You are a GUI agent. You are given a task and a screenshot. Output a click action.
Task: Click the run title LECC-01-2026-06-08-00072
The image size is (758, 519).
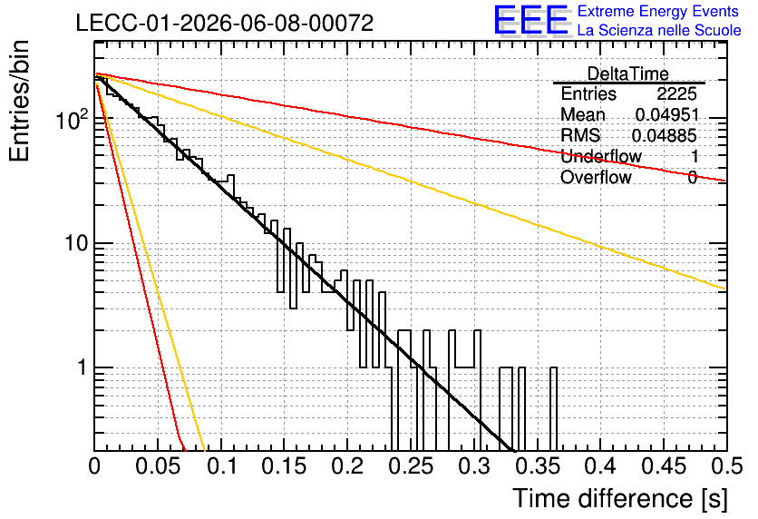[225, 23]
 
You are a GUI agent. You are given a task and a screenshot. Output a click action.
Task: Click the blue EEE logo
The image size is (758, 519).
[531, 20]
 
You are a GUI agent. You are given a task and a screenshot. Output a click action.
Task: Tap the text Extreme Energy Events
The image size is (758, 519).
[658, 11]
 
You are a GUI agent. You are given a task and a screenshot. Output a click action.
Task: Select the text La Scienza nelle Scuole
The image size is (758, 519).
[659, 30]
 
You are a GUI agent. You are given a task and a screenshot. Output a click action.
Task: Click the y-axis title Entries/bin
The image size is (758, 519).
[19, 101]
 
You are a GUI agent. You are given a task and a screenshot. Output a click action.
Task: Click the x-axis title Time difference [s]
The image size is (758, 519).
[620, 498]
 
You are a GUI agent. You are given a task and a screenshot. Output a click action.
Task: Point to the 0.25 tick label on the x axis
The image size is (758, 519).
[412, 466]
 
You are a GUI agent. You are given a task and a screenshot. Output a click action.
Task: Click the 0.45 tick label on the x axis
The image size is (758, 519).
[664, 466]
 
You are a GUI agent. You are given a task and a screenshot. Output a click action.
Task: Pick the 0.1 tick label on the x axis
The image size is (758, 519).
[221, 466]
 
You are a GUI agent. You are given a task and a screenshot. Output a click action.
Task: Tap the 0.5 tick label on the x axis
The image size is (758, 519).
[727, 466]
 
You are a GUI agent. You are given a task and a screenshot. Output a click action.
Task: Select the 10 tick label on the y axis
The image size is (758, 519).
[76, 243]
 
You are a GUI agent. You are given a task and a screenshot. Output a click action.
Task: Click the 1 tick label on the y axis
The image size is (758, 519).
[82, 367]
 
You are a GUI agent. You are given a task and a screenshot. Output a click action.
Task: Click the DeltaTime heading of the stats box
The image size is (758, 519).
[628, 73]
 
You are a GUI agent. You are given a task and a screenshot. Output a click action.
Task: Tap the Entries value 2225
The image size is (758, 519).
[676, 93]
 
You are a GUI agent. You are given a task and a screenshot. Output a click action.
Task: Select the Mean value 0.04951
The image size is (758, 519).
[667, 114]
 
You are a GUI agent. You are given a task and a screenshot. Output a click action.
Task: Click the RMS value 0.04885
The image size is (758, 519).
[665, 135]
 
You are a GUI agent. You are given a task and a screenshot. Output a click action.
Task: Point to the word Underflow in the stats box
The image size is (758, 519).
[601, 156]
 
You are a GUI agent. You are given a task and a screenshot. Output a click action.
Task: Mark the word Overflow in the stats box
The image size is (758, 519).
[596, 177]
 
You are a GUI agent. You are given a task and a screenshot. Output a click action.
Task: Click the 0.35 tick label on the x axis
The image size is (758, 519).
[538, 466]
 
